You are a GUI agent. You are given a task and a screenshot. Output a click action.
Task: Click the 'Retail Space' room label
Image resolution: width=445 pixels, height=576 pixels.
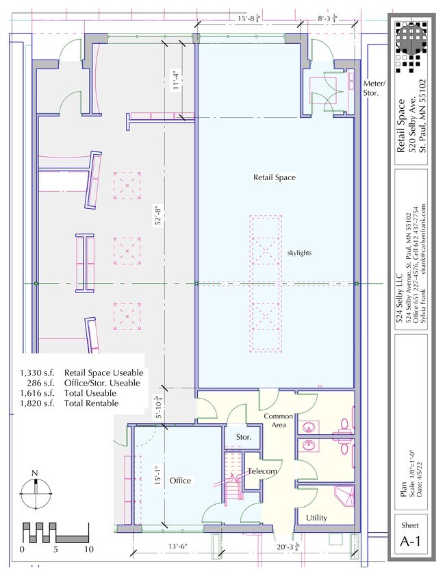click(x=275, y=177)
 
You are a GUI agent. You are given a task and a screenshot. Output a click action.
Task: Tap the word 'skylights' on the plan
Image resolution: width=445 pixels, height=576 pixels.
click(x=300, y=253)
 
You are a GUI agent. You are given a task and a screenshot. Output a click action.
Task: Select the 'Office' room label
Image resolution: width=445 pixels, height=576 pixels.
click(x=180, y=481)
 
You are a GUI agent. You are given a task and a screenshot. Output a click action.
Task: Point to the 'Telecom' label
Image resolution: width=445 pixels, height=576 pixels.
click(x=262, y=472)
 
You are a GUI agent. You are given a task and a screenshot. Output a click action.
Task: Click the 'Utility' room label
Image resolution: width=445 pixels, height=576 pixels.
click(x=316, y=518)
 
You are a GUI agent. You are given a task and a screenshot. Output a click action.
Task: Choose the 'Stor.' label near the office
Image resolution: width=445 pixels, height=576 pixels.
click(x=244, y=436)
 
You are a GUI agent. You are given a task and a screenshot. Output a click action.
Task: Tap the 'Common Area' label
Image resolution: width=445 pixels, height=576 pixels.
click(x=279, y=421)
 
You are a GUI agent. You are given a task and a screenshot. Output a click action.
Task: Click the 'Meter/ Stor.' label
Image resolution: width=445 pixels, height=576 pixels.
click(x=374, y=88)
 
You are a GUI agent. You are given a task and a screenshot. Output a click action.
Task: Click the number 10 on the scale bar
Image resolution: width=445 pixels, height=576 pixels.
click(x=88, y=549)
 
